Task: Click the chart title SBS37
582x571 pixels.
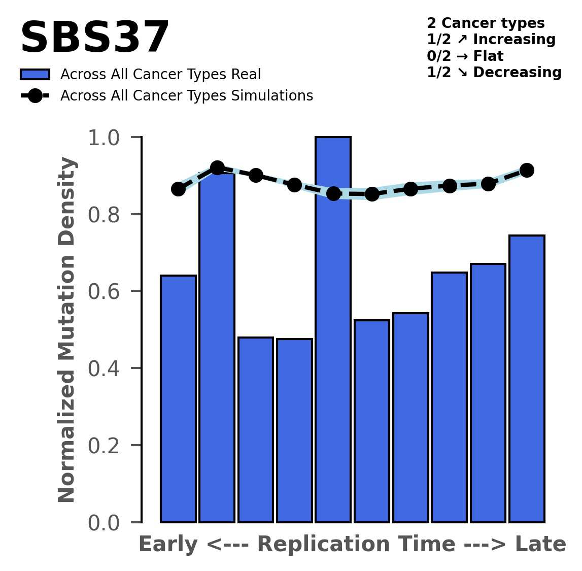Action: click(94, 38)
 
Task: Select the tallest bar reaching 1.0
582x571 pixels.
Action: click(333, 330)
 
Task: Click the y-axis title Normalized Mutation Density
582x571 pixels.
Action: click(67, 330)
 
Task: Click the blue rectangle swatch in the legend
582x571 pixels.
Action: click(35, 75)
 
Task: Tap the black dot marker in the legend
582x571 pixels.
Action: click(35, 96)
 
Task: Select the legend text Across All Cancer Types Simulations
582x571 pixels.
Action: click(186, 96)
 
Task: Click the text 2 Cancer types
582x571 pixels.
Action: click(486, 23)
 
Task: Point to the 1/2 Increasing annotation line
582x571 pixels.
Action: click(491, 40)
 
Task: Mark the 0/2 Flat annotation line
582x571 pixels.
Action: click(465, 56)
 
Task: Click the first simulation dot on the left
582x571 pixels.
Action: click(178, 189)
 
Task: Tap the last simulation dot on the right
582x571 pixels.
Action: click(527, 170)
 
